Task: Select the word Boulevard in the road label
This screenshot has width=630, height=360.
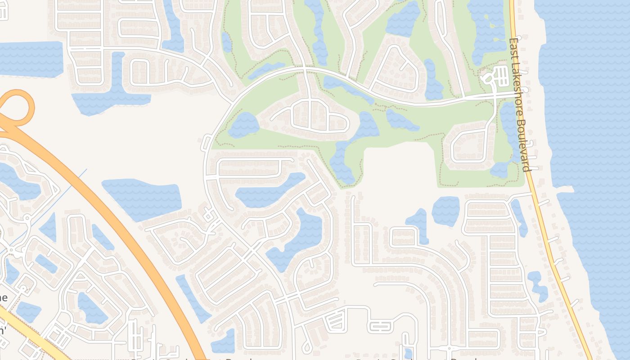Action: click(525, 144)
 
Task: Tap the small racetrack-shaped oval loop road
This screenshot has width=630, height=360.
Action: click(380, 326)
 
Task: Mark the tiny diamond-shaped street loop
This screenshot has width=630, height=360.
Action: click(209, 216)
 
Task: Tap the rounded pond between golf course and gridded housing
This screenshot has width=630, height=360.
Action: click(445, 211)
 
